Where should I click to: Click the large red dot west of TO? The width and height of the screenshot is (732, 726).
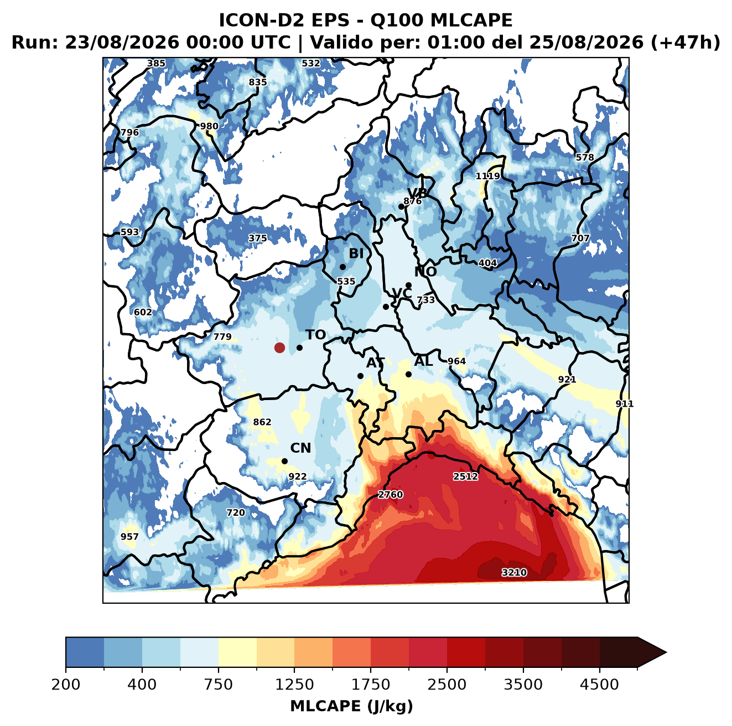[279, 348]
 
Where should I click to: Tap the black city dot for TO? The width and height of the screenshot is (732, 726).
[299, 348]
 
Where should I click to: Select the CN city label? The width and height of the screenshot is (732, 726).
[300, 448]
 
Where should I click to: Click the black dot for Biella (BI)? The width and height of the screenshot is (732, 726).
[342, 267]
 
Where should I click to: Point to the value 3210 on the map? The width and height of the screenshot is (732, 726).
[514, 572]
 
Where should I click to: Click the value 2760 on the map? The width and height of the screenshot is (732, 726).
[390, 495]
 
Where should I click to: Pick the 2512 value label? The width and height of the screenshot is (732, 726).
[465, 476]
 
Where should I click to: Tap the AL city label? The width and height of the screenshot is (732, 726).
[423, 361]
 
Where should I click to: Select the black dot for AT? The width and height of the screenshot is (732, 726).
[360, 376]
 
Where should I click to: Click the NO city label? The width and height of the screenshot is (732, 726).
[425, 272]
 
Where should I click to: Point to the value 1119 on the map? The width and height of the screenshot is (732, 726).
[488, 177]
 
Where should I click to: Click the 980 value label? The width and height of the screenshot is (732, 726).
[209, 126]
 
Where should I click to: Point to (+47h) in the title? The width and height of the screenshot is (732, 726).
[685, 43]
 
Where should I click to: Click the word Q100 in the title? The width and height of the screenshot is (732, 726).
[396, 20]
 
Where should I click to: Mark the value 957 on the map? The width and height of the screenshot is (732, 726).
[129, 537]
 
